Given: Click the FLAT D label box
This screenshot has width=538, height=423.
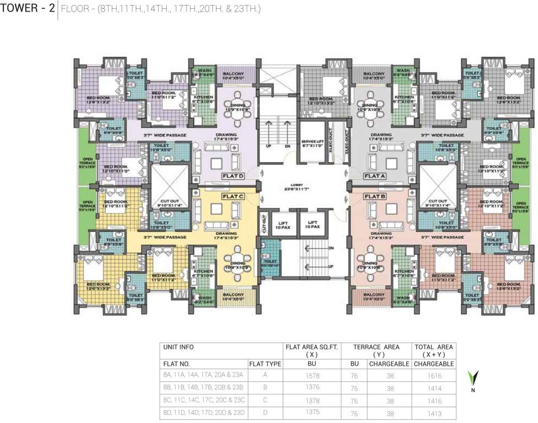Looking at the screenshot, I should pos(232,176).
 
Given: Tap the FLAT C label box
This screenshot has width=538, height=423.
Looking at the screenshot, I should pos(232,196).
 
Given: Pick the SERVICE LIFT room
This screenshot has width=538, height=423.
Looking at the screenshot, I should pos(312,143).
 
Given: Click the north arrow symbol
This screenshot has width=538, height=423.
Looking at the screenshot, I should pos(472,378).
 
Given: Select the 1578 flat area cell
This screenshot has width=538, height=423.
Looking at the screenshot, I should pos(312,375).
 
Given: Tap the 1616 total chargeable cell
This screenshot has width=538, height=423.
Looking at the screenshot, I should pos(433,375).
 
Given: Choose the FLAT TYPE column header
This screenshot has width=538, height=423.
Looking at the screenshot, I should pos(265,364).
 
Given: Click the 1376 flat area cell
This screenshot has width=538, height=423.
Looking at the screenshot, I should pos(312,388).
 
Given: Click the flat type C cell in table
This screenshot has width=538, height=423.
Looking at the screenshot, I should pos(265,400).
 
